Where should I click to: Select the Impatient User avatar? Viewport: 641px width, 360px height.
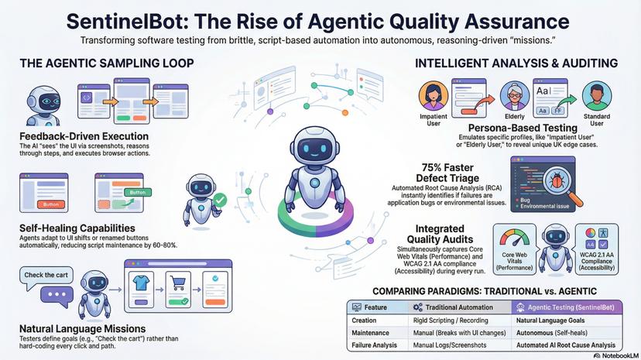[x=434, y=98]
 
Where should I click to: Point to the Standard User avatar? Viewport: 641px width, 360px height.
[x=595, y=98]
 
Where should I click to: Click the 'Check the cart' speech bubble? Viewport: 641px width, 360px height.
[x=44, y=276]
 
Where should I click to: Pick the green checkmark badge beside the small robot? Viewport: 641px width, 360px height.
[x=219, y=201]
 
